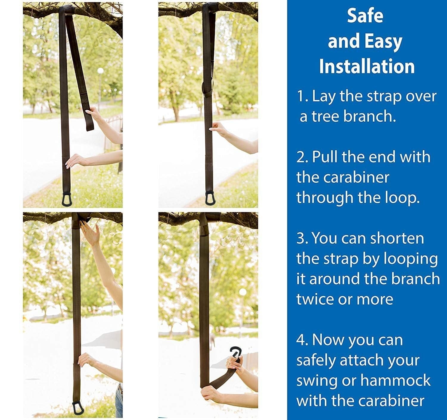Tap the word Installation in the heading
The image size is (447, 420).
367,66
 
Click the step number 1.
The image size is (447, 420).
302,96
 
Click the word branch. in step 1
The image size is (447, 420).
370,116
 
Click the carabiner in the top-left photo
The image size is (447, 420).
67,199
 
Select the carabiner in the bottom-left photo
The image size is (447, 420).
78,407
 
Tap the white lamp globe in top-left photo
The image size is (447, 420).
100,71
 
